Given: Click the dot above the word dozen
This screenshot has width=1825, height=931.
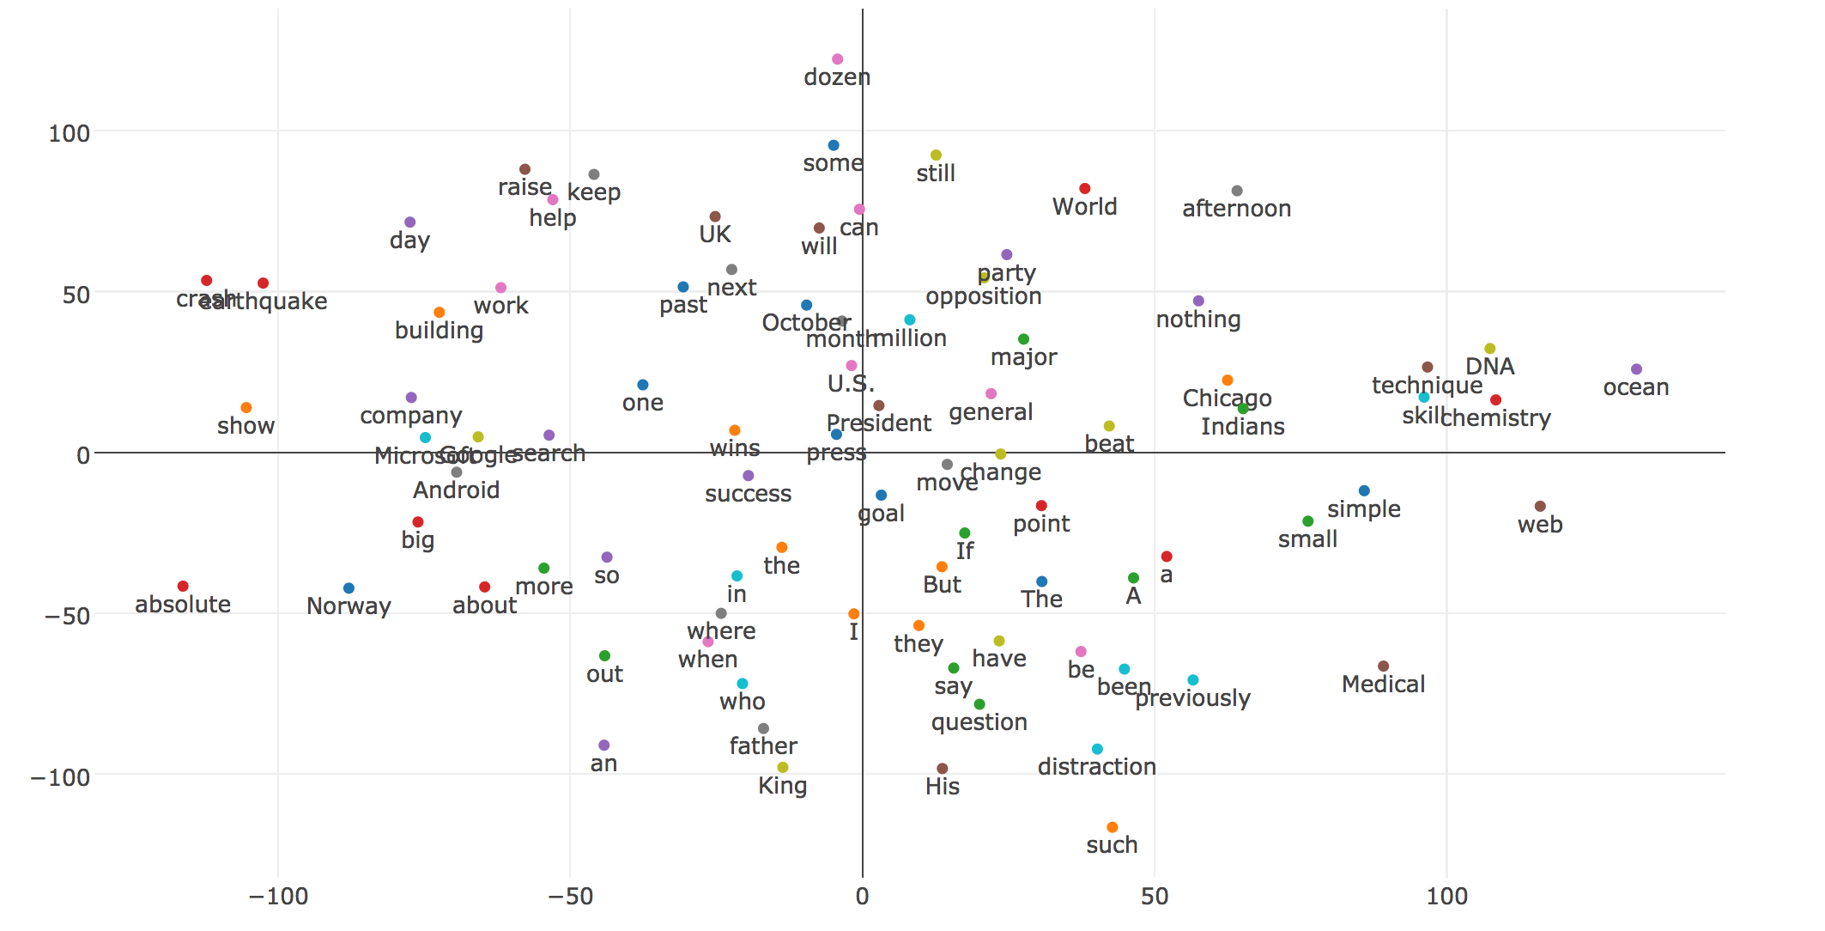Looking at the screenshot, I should (x=837, y=59).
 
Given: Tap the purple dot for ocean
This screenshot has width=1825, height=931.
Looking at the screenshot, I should (x=1636, y=369).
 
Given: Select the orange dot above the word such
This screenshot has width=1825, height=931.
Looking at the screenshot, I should (x=1112, y=827).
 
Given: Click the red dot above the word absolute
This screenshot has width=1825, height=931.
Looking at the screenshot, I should (x=183, y=586).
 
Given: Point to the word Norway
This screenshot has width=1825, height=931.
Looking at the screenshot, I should (x=349, y=606).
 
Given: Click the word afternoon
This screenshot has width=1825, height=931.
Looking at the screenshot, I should (x=1236, y=209).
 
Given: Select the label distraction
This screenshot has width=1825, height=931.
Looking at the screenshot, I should (x=1096, y=767).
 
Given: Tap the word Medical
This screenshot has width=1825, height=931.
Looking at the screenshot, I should (x=1383, y=685).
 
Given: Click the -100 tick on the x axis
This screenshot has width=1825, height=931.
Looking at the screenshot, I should (x=278, y=897).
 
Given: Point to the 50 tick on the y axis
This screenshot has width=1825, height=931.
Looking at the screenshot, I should (x=76, y=295).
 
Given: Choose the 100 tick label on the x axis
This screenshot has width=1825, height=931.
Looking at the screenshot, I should (x=1446, y=897).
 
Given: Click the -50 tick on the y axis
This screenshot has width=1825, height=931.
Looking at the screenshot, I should (x=68, y=616).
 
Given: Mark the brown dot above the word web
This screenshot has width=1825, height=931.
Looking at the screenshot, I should (x=1540, y=507).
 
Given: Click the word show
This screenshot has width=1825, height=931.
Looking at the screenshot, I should (x=246, y=426).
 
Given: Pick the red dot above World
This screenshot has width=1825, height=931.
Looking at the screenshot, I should (x=1084, y=189).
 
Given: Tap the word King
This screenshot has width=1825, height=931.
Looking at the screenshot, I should (x=782, y=786).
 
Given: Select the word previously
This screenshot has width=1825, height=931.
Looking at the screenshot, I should (x=1192, y=698).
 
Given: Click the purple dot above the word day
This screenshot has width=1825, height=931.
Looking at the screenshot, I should (x=409, y=222).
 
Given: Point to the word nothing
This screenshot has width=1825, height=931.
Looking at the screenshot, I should (x=1197, y=319).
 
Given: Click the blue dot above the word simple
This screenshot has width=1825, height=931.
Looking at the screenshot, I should (x=1364, y=491).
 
